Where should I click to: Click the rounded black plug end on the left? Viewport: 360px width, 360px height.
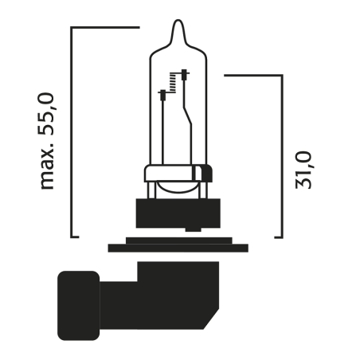pyautogui.click(x=78, y=304)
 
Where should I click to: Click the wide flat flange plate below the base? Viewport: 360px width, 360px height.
pyautogui.click(x=179, y=247)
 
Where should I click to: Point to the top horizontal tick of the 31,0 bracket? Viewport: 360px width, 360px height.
pyautogui.click(x=253, y=76)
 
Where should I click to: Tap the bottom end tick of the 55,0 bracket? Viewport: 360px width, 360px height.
pyautogui.click(x=75, y=236)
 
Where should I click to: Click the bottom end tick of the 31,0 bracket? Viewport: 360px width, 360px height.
pyautogui.click(x=278, y=236)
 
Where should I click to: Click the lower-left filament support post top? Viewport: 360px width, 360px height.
pyautogui.click(x=163, y=94)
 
